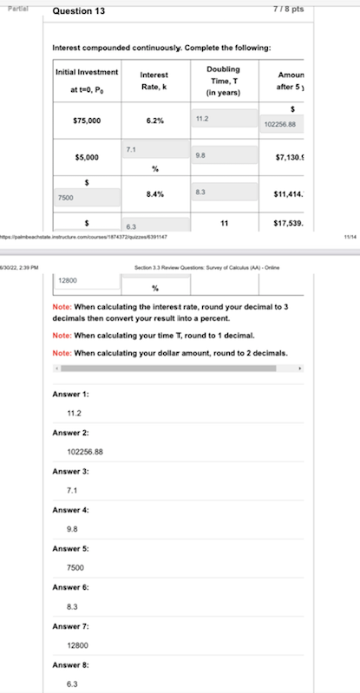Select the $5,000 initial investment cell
coord(85,158)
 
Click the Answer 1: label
coord(71,394)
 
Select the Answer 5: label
coord(71,548)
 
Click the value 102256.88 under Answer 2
coord(85,452)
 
